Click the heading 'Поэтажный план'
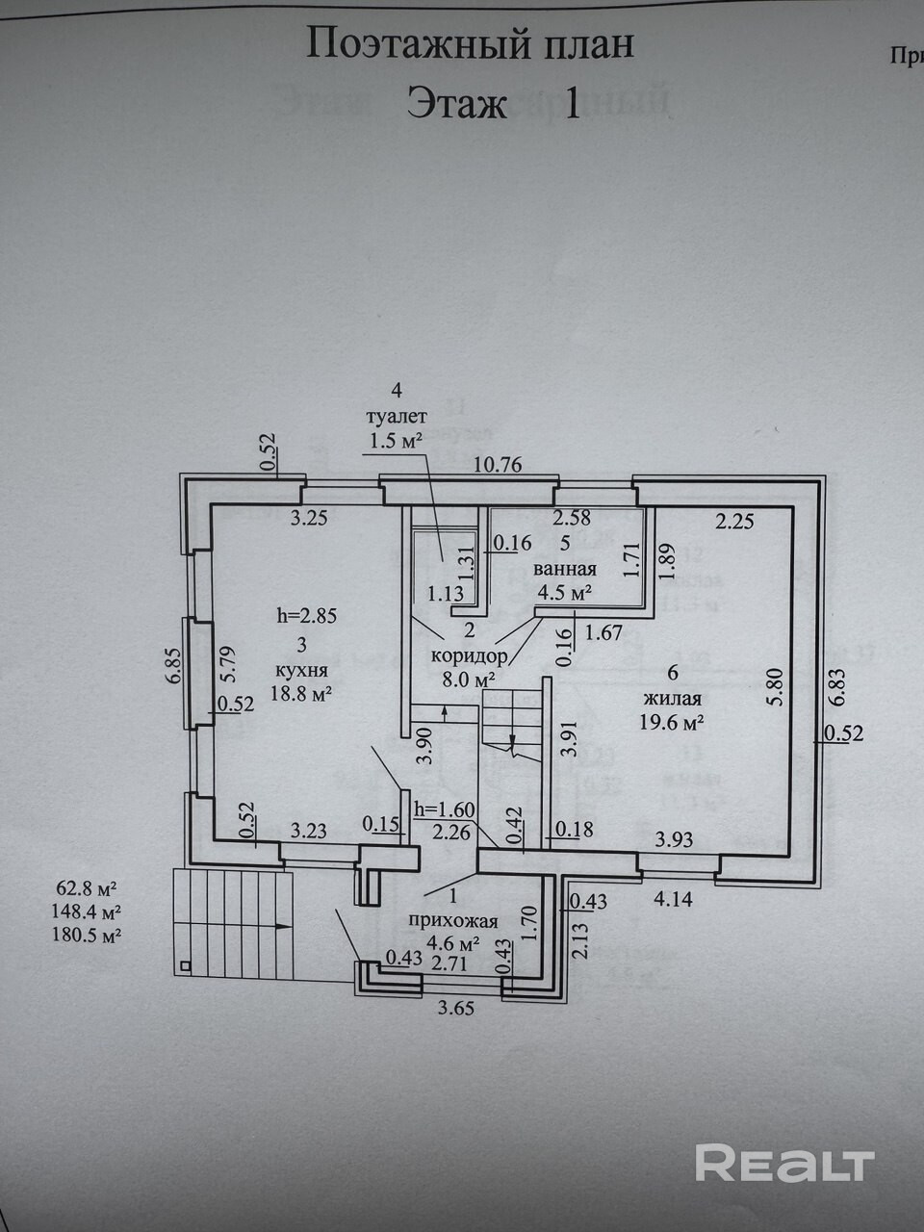470,44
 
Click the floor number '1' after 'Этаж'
571,103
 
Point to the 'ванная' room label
565,569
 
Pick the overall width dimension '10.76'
498,464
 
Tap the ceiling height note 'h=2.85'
307,616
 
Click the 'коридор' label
470,654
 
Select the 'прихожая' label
452,921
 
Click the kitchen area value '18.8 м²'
300,693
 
